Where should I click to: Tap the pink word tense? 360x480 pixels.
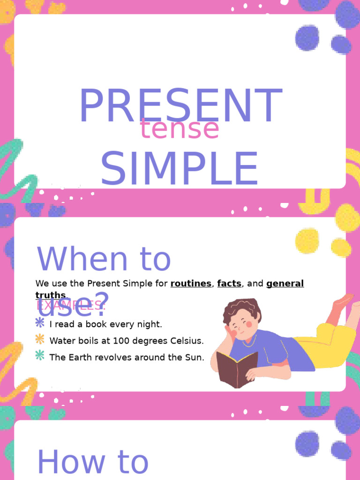click(180, 129)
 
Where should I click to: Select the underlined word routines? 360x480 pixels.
click(191, 283)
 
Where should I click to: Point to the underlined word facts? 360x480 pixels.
click(229, 283)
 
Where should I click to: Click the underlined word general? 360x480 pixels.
click(285, 283)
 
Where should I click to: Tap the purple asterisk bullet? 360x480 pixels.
click(40, 322)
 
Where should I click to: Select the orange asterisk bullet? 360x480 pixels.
click(40, 339)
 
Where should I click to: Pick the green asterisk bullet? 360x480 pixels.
click(40, 355)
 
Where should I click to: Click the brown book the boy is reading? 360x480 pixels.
click(236, 368)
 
